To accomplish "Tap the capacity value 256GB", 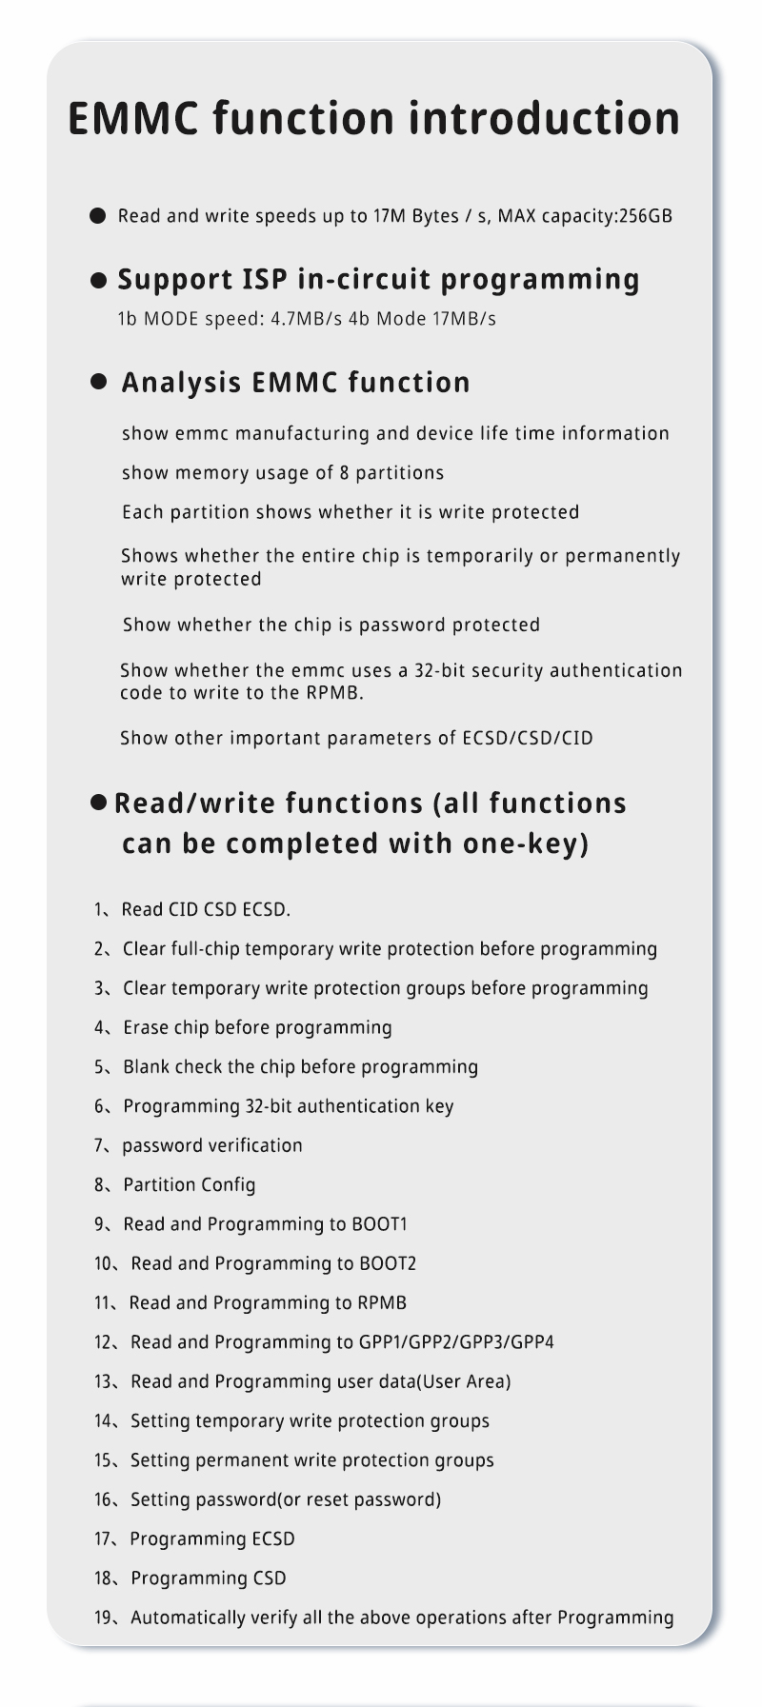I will (646, 216).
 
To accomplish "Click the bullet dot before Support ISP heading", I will (98, 280).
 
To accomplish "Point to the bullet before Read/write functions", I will (98, 803).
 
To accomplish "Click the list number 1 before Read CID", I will (99, 910).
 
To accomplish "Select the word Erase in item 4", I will (146, 1028).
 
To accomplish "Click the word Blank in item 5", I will (146, 1067).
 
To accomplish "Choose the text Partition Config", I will (190, 1185).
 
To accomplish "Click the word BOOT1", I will (379, 1224).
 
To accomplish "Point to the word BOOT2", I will (388, 1264).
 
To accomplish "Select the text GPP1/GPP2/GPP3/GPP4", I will (456, 1342).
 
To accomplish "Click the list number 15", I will (104, 1460).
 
